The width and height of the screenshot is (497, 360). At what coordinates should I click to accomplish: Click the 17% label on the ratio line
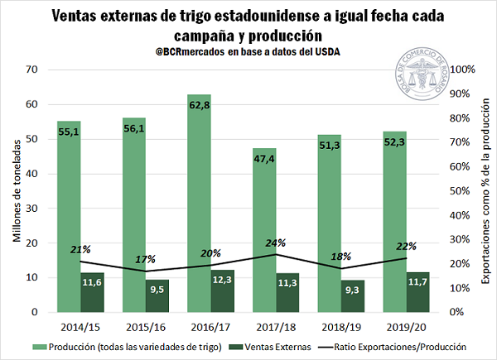(146, 259)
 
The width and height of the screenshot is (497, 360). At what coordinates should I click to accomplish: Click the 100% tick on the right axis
(460, 70)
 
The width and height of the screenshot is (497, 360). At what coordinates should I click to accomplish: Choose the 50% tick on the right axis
(460, 190)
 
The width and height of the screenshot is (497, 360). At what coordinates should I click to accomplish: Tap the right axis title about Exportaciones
(484, 190)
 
